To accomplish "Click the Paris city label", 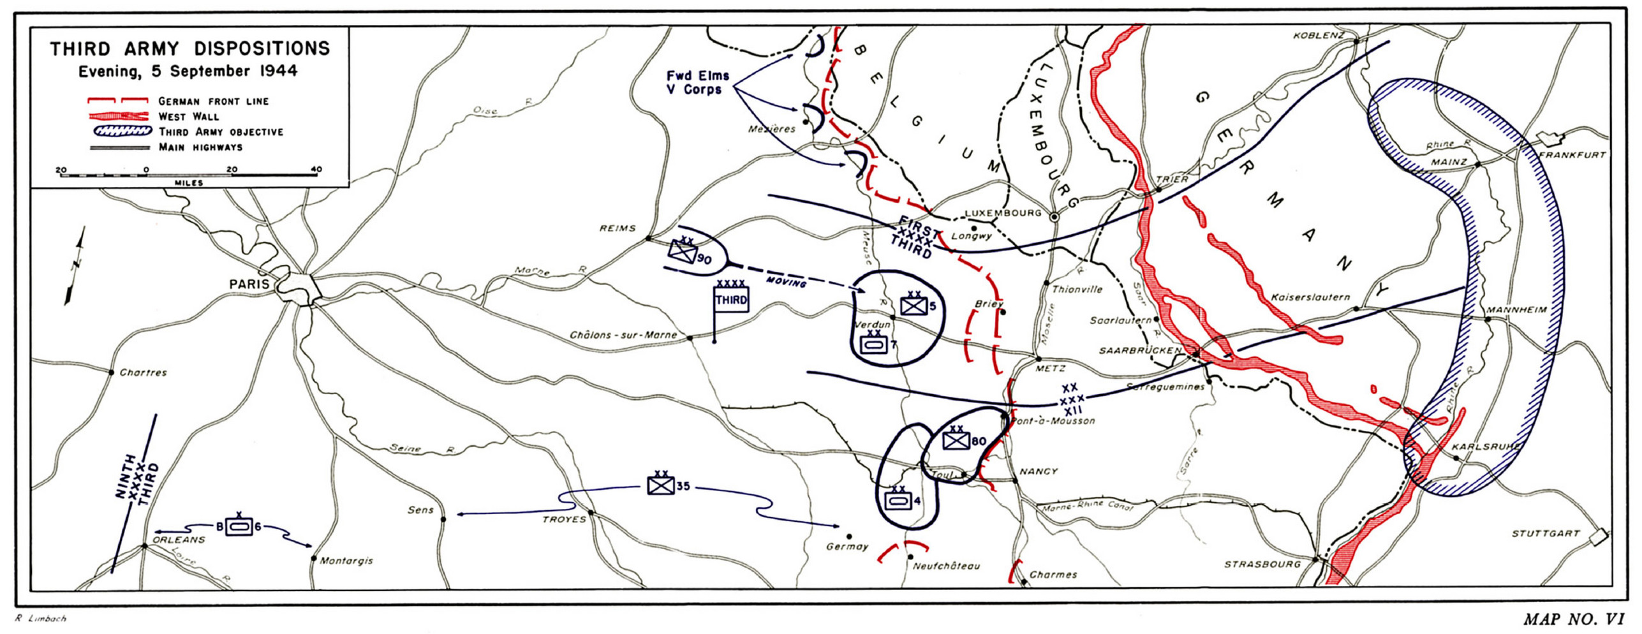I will [249, 284].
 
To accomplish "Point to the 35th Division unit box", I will [661, 485].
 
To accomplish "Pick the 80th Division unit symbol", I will [956, 440].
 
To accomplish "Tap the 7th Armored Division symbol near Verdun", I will [873, 344].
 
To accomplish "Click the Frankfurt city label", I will [1572, 155].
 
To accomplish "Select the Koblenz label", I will [1319, 36].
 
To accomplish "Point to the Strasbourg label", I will [1262, 564].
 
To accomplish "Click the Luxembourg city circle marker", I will [1054, 217].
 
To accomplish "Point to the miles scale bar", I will [189, 175].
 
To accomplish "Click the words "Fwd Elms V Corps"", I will [697, 82].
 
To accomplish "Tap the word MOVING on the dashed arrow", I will [786, 281].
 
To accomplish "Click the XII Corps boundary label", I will [1071, 399].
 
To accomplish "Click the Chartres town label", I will [143, 372].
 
